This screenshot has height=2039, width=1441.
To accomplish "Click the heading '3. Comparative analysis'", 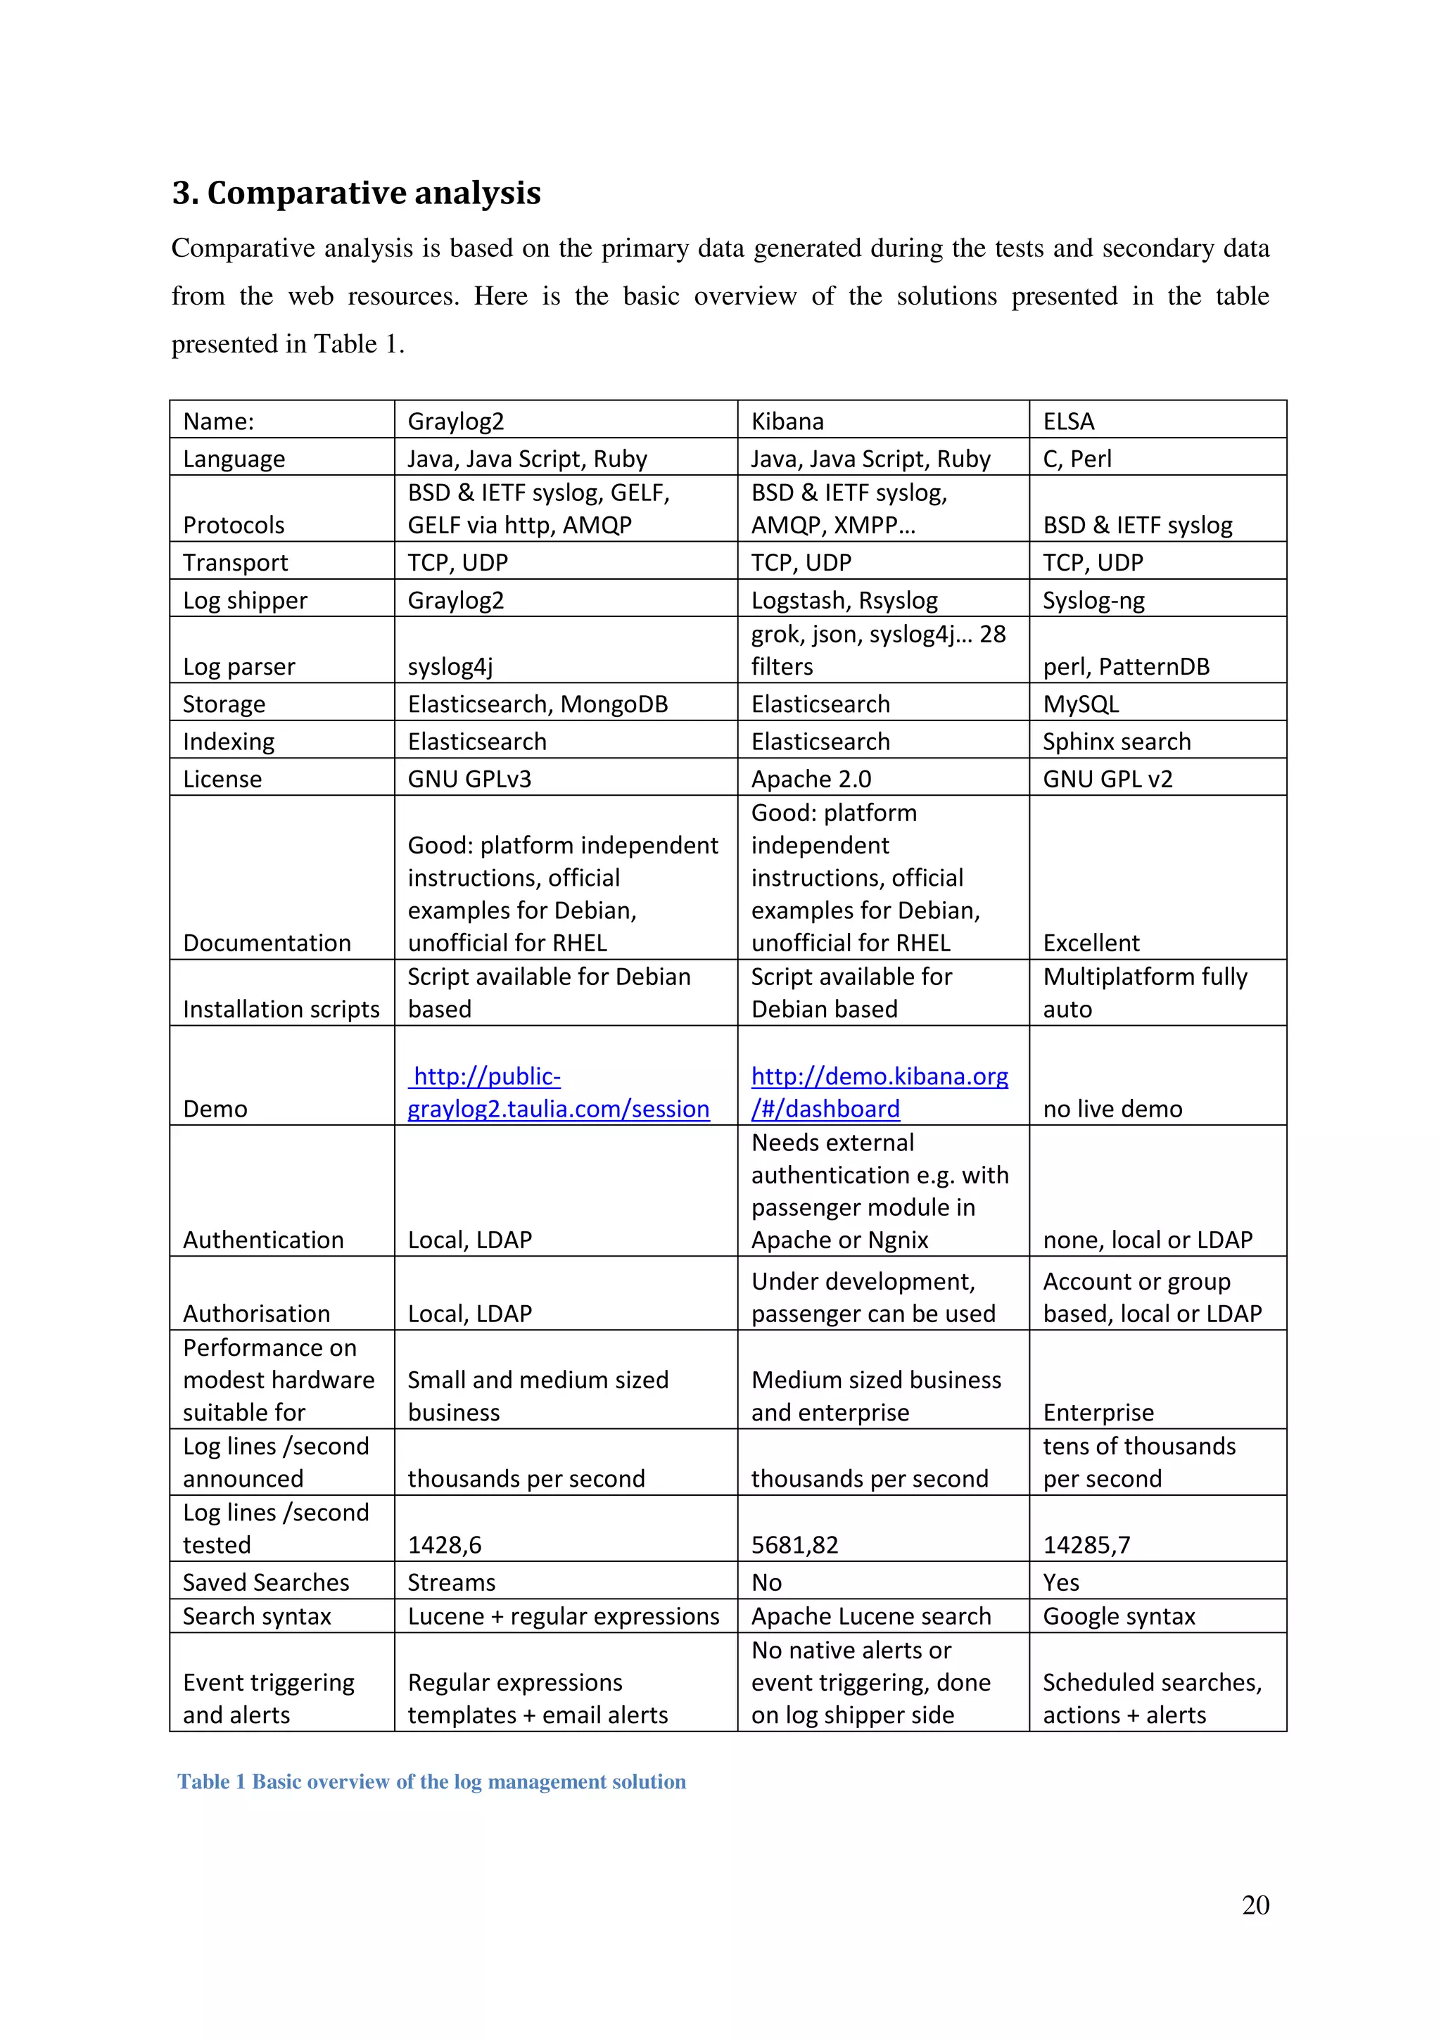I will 356,193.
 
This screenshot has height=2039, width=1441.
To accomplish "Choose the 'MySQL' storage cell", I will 1081,704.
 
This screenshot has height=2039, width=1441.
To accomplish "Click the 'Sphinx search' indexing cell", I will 1116,742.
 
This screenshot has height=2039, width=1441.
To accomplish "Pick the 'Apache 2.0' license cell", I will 811,779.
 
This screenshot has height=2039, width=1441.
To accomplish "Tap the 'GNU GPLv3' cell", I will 469,779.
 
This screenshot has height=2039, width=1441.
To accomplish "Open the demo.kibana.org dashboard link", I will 879,1091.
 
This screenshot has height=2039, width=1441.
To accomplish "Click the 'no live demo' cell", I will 1112,1108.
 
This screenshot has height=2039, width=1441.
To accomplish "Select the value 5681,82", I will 794,1544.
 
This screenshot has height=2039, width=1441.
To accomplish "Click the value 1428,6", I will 444,1544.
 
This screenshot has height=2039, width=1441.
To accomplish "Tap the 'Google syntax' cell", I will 1119,1616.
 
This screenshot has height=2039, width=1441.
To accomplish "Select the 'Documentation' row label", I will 267,942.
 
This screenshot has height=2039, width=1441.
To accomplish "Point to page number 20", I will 1255,1904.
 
